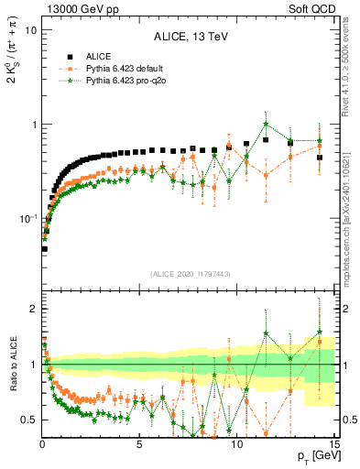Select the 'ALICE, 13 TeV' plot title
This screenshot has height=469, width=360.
190,38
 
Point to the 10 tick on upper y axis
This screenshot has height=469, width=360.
29,30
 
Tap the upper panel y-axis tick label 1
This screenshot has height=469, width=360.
34,125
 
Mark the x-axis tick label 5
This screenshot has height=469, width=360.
139,446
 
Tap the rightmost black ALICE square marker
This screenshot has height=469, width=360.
319,158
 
